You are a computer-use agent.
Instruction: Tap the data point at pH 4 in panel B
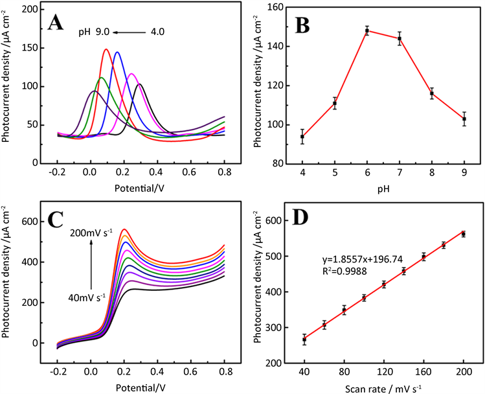[x=302, y=136]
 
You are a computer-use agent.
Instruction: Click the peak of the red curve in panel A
[x=106, y=49]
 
